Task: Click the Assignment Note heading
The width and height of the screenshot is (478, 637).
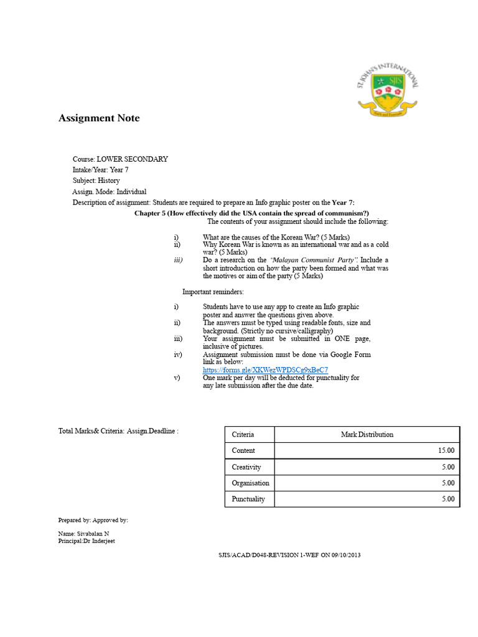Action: (x=99, y=118)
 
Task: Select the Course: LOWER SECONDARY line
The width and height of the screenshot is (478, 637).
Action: (x=120, y=159)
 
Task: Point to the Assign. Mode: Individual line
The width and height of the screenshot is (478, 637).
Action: (x=110, y=192)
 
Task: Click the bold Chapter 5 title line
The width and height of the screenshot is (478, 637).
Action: (x=251, y=213)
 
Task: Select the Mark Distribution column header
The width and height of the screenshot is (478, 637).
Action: (x=367, y=435)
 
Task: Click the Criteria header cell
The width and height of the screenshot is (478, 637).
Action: (x=243, y=435)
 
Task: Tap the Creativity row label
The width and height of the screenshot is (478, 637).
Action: (x=246, y=467)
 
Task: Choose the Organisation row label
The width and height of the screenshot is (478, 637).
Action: (x=250, y=483)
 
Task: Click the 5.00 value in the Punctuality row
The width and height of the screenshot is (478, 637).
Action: (x=448, y=499)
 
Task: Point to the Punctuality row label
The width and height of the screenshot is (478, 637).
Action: (x=248, y=499)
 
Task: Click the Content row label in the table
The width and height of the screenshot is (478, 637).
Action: (x=243, y=451)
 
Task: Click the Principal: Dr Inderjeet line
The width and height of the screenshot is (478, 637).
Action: (x=86, y=541)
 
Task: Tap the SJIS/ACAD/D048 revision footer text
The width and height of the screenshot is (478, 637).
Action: (x=286, y=555)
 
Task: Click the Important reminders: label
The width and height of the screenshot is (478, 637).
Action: (x=213, y=292)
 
